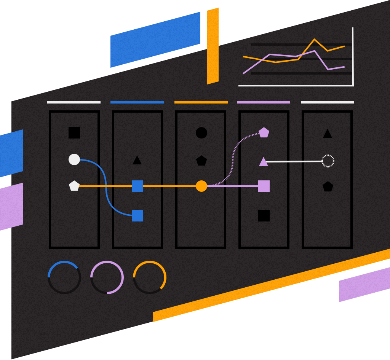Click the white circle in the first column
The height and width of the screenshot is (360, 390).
(x=74, y=159)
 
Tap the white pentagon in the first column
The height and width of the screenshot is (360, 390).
(x=74, y=186)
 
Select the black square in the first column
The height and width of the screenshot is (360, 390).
(x=74, y=133)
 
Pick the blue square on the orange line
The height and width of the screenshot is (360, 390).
(x=137, y=186)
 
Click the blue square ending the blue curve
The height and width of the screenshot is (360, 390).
(x=137, y=216)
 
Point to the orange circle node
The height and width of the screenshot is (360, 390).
(x=201, y=186)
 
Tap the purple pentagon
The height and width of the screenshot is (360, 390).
(x=264, y=133)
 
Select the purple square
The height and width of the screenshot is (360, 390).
(x=264, y=186)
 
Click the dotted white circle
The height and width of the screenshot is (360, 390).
(x=328, y=161)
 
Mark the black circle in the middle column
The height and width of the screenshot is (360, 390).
(x=201, y=133)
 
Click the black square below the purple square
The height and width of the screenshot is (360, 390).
(x=264, y=216)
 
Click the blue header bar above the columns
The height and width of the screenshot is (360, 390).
(x=137, y=102)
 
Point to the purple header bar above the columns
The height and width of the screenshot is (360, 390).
(x=264, y=102)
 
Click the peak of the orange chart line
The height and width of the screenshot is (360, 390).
(x=315, y=39)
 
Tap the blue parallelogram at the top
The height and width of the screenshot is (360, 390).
(x=155, y=40)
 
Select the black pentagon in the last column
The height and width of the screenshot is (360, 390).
(x=328, y=187)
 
